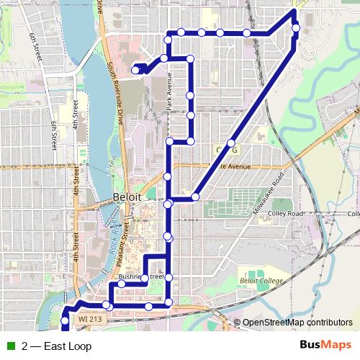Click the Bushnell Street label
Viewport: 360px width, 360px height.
142,276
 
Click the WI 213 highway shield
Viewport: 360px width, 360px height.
91,318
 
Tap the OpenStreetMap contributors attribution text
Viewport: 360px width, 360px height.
297,323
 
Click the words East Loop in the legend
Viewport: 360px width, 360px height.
68,346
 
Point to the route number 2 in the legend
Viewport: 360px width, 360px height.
25,346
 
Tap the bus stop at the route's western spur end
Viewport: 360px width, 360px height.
135,70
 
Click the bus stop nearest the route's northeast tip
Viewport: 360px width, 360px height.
296,28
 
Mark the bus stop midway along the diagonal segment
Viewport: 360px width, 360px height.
231,143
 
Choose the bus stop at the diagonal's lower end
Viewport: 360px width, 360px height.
195,197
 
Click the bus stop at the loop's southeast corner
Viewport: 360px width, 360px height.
168,302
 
